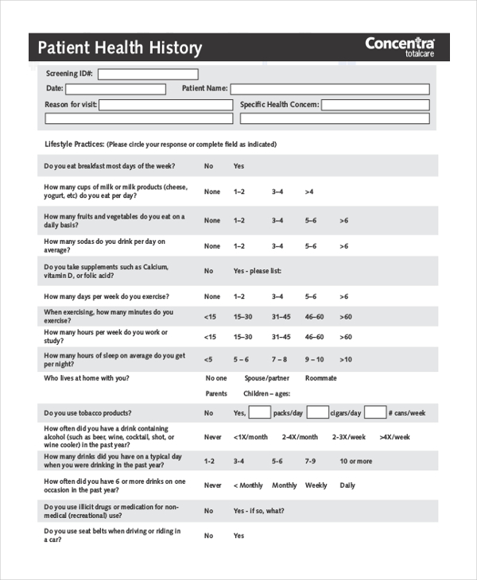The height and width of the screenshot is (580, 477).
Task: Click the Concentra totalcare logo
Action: click(x=400, y=46)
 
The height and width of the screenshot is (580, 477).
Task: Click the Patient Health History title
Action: click(x=120, y=48)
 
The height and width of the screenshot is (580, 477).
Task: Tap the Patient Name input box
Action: click(x=330, y=89)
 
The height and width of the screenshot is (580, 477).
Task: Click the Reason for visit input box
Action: click(x=165, y=104)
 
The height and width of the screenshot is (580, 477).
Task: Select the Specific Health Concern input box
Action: click(x=375, y=104)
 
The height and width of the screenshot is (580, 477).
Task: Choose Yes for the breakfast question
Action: click(x=238, y=166)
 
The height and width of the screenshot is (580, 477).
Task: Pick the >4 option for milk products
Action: click(x=308, y=191)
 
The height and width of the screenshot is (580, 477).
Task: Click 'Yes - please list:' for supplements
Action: click(x=257, y=271)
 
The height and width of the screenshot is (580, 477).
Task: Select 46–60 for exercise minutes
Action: click(x=314, y=315)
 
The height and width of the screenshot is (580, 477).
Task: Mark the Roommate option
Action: click(x=320, y=378)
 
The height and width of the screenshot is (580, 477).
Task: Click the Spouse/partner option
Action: click(x=266, y=378)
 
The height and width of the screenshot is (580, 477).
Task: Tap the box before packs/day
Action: click(x=259, y=412)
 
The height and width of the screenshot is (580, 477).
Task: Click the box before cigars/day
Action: click(x=317, y=412)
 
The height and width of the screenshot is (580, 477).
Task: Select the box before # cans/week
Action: click(x=376, y=412)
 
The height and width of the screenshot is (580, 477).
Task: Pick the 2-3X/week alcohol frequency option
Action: click(x=349, y=437)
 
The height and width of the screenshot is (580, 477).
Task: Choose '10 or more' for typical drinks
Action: click(x=355, y=461)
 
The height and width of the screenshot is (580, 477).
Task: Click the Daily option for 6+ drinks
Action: click(x=347, y=485)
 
